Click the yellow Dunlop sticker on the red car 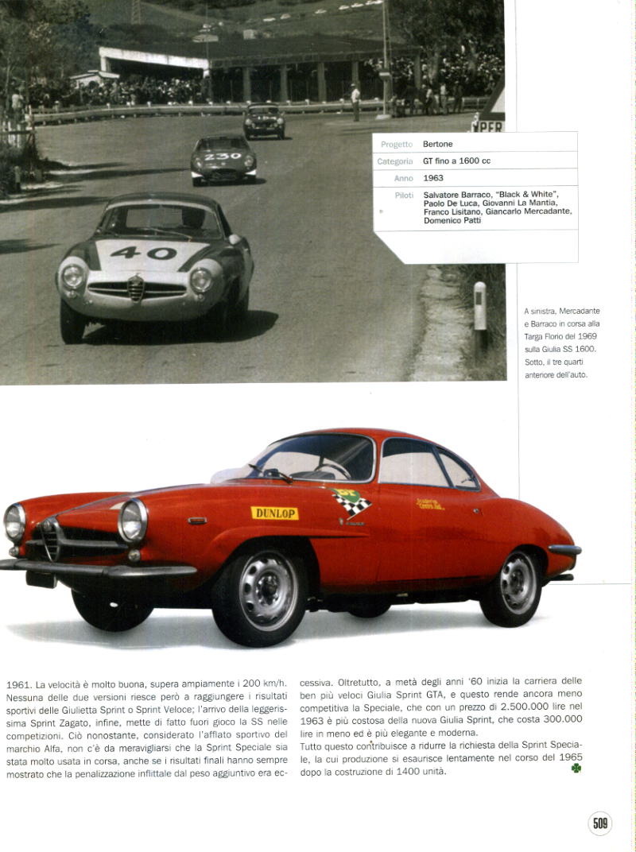274,513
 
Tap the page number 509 600,823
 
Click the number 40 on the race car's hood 143,253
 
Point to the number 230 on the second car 222,157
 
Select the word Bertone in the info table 437,144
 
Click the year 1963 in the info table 433,178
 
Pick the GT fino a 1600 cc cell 456,161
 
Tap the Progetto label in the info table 397,145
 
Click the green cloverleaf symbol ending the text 576,768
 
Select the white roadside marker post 479,306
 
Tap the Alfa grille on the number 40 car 137,288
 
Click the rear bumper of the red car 564,550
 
